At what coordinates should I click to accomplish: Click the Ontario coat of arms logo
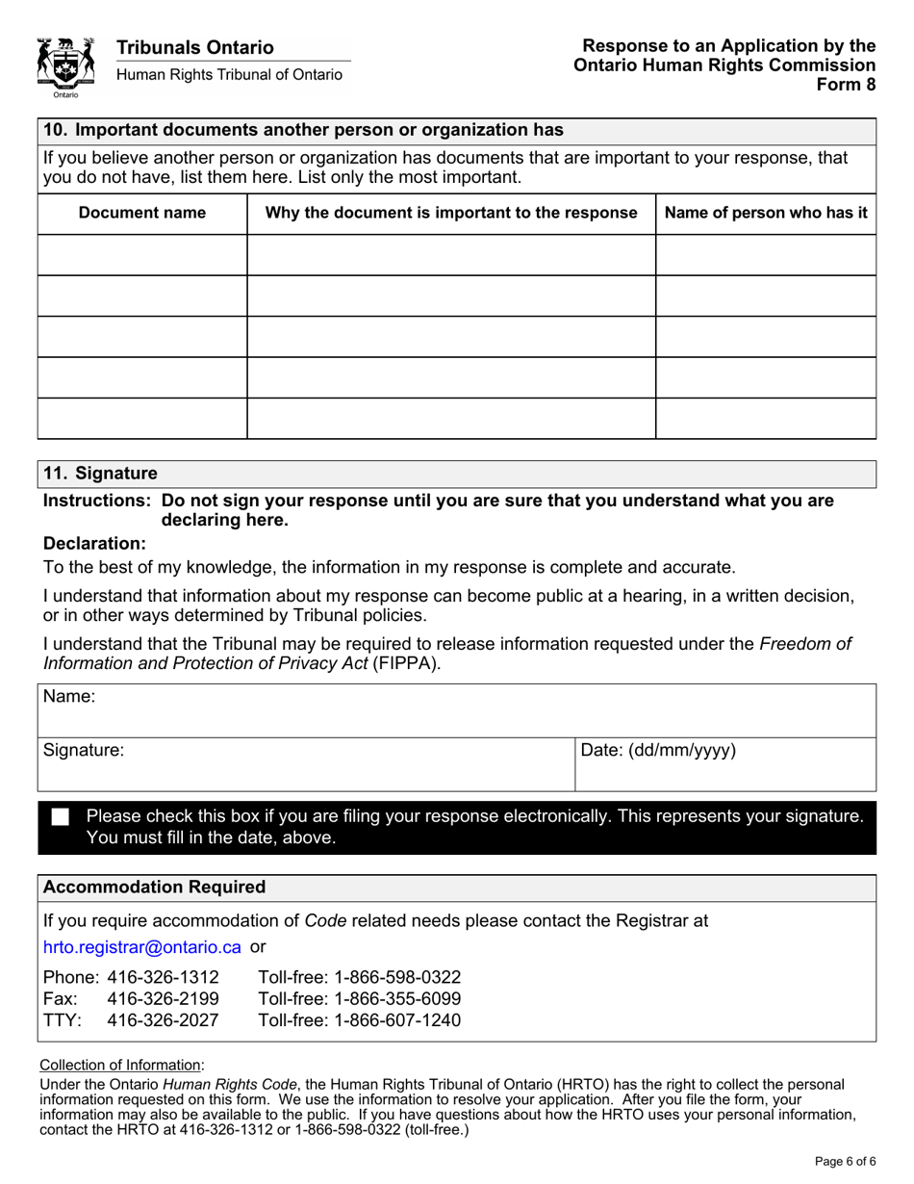[x=65, y=66]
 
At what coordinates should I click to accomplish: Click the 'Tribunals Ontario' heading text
[x=195, y=47]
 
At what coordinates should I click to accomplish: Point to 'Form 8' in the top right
[x=846, y=84]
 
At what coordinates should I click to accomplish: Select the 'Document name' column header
[x=142, y=213]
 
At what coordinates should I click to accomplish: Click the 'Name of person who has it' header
[x=766, y=213]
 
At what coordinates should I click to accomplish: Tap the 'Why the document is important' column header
[x=451, y=213]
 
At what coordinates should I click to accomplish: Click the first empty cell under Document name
[x=142, y=255]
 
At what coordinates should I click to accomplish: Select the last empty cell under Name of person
[x=766, y=418]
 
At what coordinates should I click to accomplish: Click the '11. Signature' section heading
[x=100, y=474]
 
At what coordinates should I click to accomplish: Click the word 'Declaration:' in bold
[x=94, y=544]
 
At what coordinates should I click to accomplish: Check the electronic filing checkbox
[x=61, y=817]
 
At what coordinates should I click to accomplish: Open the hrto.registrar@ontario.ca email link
[x=142, y=947]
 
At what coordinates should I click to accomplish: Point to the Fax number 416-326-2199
[x=163, y=998]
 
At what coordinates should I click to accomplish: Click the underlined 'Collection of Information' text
[x=120, y=1065]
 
